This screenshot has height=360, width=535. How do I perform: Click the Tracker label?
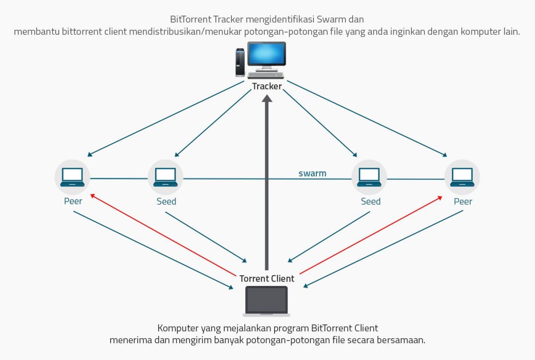coord(267,86)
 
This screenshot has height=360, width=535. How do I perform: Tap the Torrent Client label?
coord(267,278)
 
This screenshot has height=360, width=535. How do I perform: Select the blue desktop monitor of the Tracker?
coord(267,55)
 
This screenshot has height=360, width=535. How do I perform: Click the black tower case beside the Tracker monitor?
coord(240,62)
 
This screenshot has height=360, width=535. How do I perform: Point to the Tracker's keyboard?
coord(265,75)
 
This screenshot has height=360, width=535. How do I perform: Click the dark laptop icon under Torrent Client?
coord(267,300)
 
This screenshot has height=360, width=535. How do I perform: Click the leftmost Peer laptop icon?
coord(73,177)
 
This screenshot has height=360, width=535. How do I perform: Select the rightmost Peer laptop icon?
coord(462,177)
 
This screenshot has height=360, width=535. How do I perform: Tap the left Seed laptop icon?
coord(165,177)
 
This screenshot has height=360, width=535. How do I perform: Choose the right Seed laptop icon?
coord(369,177)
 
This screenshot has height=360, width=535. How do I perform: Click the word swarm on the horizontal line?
coord(312,173)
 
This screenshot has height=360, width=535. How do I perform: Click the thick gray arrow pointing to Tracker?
coord(267,183)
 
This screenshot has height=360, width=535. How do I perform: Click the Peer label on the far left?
coord(73,201)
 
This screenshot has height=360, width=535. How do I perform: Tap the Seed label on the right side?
coord(370,201)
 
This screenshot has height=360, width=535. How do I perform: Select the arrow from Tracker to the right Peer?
coord(366,118)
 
